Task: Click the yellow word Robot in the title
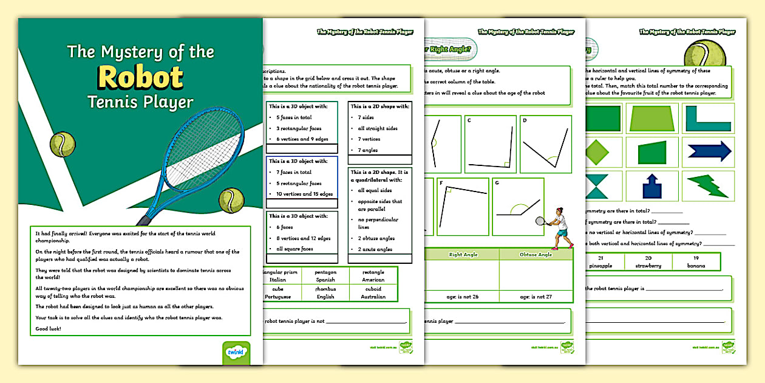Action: (141, 77)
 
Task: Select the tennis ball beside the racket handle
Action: (231, 200)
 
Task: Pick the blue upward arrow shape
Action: (651, 186)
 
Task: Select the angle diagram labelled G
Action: (517, 207)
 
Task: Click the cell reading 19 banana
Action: (696, 262)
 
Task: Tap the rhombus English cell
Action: (325, 293)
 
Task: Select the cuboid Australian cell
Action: (373, 293)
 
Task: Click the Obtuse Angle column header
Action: (535, 254)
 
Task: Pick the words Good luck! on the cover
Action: (48, 329)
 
